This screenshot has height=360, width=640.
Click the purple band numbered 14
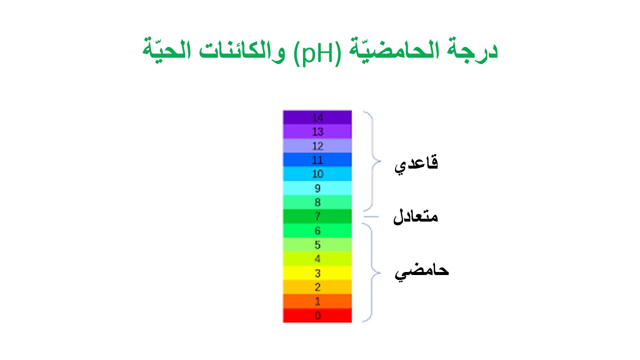(x=317, y=117)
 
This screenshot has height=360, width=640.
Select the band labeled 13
(x=317, y=131)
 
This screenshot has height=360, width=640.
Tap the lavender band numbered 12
(x=317, y=145)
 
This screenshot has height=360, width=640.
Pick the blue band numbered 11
(x=317, y=159)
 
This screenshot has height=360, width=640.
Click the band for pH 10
(x=317, y=173)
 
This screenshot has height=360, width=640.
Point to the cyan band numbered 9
(x=317, y=188)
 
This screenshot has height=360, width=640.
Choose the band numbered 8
(x=317, y=202)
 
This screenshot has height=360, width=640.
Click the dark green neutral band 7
(x=317, y=216)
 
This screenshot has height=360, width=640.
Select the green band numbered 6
(x=317, y=230)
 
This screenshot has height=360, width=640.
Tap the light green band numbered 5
(x=317, y=244)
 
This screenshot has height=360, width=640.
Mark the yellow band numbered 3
(x=317, y=273)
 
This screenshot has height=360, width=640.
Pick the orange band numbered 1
(x=317, y=301)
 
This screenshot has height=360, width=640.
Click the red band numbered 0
(x=317, y=315)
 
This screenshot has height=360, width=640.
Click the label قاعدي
(x=416, y=163)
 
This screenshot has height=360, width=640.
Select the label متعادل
(x=415, y=216)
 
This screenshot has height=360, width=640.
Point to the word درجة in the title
(x=472, y=50)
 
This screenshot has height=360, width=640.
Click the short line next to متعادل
(x=371, y=216)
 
